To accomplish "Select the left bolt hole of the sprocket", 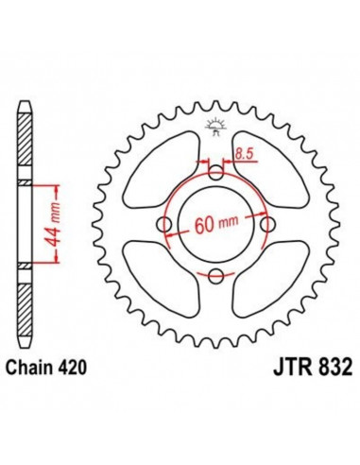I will [x=166, y=224].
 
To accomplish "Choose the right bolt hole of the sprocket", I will [x=268, y=224].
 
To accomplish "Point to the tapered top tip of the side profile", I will [x=25, y=101].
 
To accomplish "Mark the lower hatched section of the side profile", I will [x=25, y=302].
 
